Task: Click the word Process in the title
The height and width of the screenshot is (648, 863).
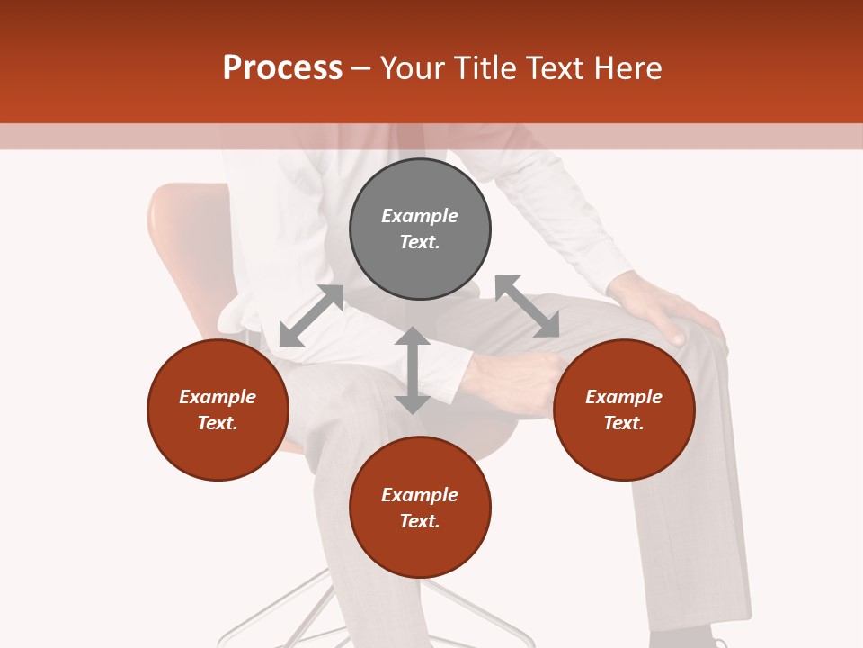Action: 282,68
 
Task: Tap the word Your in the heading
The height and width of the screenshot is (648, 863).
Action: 414,68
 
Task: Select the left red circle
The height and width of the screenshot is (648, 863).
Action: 218,450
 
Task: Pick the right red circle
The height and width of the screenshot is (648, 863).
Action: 624,450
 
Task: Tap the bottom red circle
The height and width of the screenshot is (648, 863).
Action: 420,548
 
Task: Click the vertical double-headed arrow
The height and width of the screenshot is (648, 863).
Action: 412,370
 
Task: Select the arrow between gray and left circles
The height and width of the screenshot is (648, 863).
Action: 311,315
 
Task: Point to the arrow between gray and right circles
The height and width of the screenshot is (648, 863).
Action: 527,306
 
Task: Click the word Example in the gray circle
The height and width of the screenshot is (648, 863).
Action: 420,216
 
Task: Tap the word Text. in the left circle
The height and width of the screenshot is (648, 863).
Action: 218,423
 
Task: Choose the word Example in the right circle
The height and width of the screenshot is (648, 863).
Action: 624,397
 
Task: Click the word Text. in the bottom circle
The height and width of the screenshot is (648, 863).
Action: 420,521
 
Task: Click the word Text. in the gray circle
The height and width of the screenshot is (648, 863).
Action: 420,242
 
